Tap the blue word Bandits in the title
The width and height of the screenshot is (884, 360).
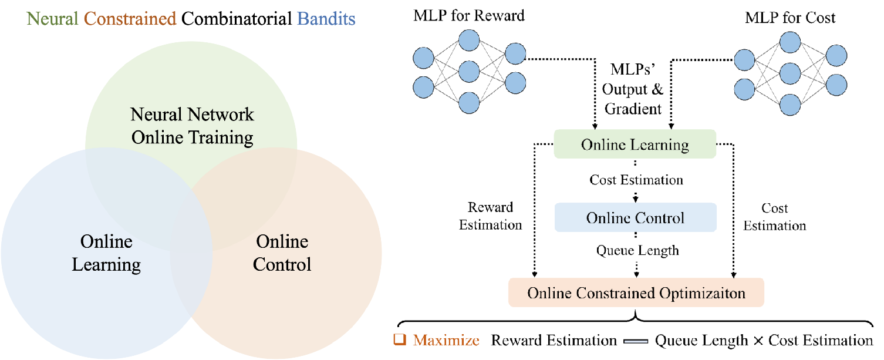coord(326,19)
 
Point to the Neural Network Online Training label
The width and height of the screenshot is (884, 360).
coord(193,126)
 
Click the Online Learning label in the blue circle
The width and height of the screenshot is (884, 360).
coord(106,253)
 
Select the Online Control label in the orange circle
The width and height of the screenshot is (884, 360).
coord(282,253)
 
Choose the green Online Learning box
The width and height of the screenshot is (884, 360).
coord(635,144)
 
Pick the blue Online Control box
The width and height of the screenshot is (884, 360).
coord(635,218)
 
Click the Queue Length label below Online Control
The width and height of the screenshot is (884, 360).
coord(637,251)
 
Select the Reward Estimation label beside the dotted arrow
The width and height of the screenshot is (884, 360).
coord(490,216)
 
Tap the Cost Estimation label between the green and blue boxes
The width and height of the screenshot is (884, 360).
coord(636,180)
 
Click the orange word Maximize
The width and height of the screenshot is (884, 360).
coord(446,341)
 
